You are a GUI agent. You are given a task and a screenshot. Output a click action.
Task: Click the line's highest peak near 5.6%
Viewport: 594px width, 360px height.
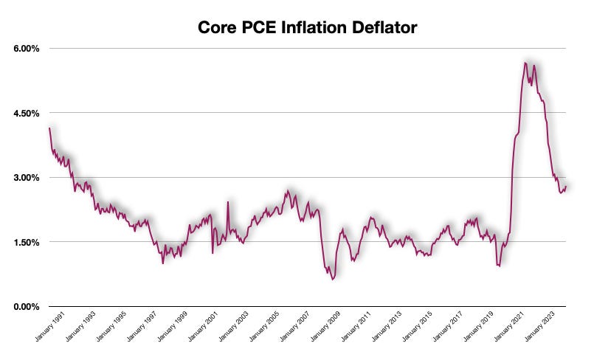tap(525, 63)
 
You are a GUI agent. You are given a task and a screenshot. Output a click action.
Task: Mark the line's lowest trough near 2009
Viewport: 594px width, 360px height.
tap(333, 280)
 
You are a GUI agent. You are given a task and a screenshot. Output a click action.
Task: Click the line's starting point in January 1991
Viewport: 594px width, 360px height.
tap(49, 128)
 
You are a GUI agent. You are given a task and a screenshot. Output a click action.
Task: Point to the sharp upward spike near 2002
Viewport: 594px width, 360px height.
tap(228, 201)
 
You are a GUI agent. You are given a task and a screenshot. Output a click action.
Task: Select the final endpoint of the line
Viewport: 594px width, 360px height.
tap(566, 187)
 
